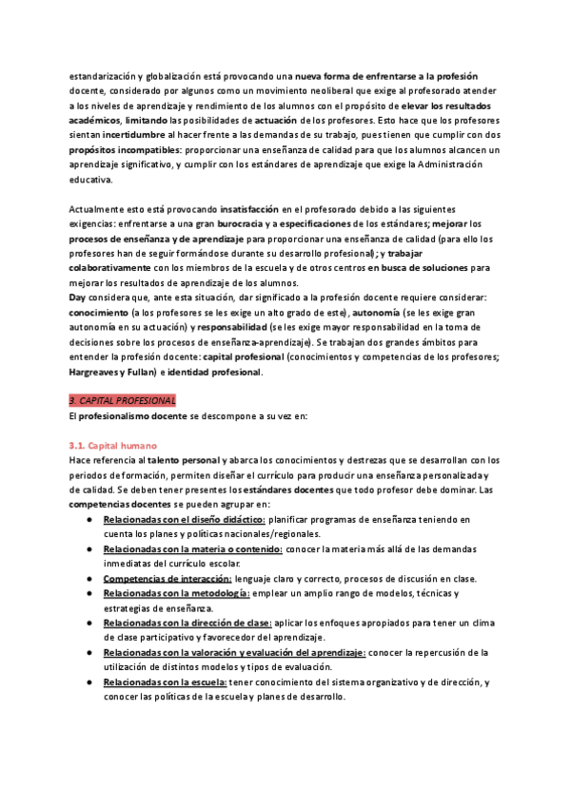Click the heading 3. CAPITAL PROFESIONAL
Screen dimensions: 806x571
[x=122, y=402]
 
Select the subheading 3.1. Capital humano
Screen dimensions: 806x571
[x=114, y=446]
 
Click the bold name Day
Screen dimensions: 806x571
[x=78, y=297]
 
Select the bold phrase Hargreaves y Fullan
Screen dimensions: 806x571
[x=109, y=373]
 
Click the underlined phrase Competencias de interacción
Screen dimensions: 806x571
[x=167, y=579]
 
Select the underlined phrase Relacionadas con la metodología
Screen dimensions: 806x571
[x=176, y=593]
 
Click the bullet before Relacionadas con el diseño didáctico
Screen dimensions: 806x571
[x=89, y=520]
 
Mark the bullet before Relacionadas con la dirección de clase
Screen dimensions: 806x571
[x=89, y=623]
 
